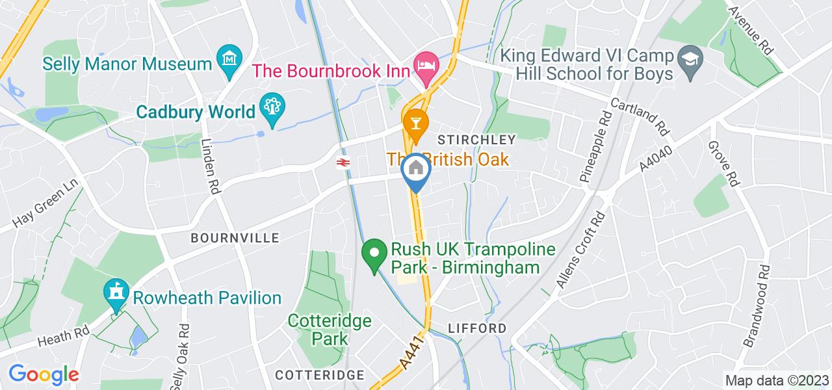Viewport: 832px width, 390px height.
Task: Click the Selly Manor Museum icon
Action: pyautogui.click(x=229, y=60)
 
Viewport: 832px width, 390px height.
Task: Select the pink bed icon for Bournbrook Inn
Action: pyautogui.click(x=426, y=66)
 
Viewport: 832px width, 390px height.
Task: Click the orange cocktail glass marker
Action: pyautogui.click(x=414, y=122)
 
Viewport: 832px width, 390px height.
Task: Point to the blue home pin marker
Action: pyautogui.click(x=416, y=169)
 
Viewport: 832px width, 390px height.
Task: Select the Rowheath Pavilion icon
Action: pyautogui.click(x=116, y=293)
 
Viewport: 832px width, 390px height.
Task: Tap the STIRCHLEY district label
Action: pyautogui.click(x=476, y=140)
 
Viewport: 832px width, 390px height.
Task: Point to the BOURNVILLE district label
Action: pyautogui.click(x=235, y=239)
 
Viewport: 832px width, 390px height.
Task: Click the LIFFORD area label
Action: pyautogui.click(x=477, y=328)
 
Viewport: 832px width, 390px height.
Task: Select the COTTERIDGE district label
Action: pyautogui.click(x=320, y=375)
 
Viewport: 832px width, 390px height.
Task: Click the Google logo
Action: pyautogui.click(x=43, y=375)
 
